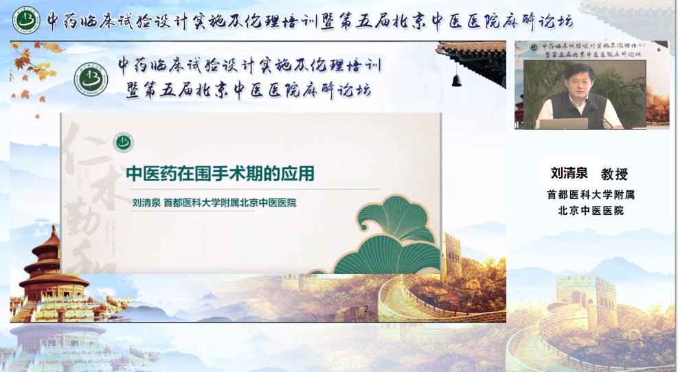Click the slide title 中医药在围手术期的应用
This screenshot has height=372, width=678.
pos(220,174)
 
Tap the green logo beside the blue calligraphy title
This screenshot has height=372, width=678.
pos(92,79)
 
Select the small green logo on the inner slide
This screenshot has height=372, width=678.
pos(124,143)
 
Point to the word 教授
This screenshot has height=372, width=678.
pos(614,174)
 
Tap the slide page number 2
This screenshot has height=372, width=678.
pos(366,309)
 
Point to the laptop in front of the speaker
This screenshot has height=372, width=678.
pos(563,124)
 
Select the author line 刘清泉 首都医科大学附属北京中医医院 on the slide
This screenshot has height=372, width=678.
pos(214,204)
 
